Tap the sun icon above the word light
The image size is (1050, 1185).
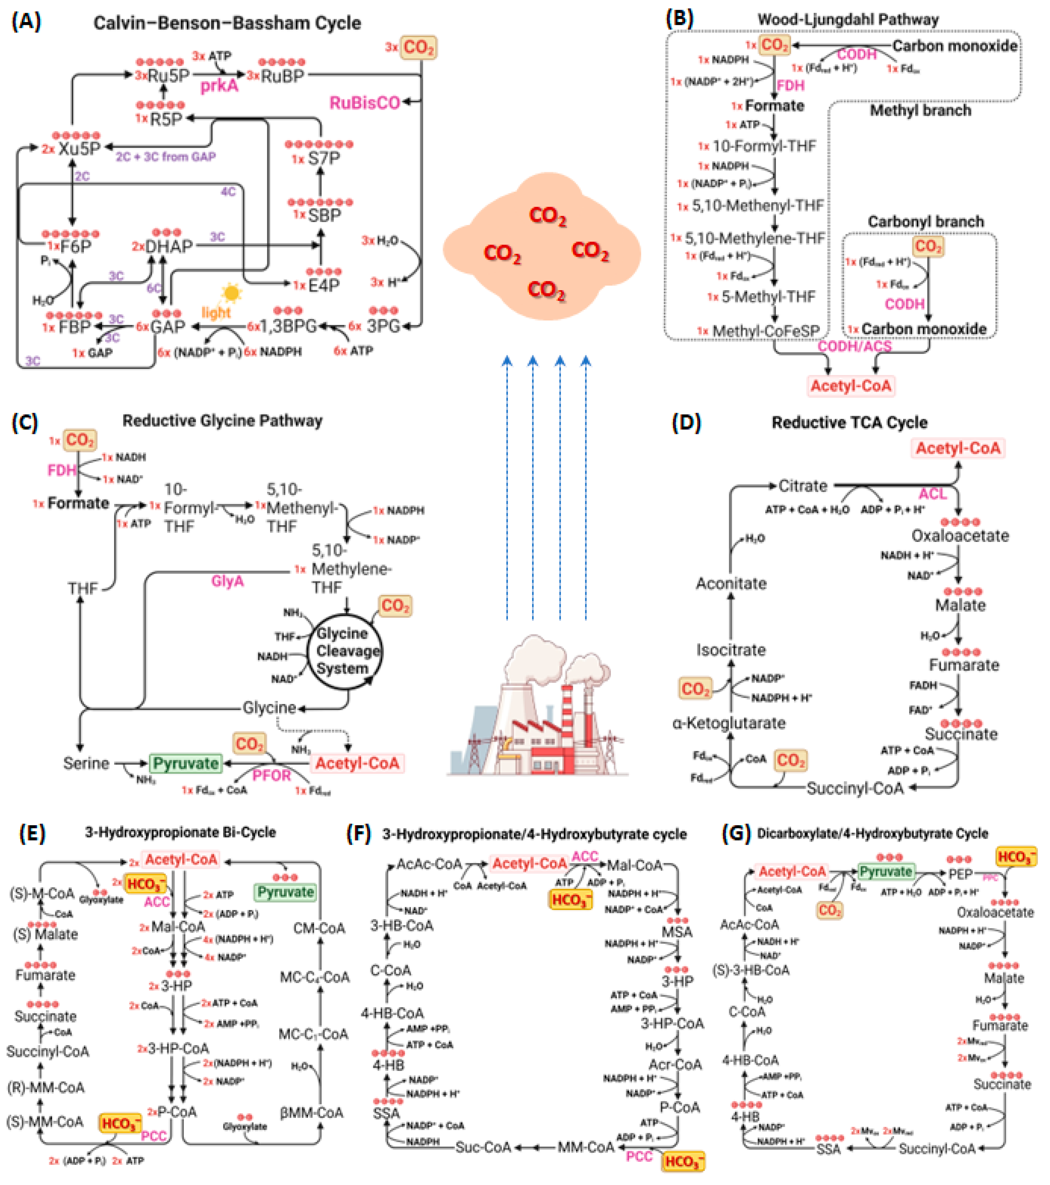coord(231,293)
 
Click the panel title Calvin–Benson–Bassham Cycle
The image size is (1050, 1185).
coord(227,23)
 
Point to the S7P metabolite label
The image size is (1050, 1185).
coord(323,158)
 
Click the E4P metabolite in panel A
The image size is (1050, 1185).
coord(323,285)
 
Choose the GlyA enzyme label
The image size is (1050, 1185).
coord(227,581)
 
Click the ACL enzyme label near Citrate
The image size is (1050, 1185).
coord(932,494)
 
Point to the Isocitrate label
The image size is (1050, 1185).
coord(731,650)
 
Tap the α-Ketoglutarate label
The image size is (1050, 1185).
coord(729,723)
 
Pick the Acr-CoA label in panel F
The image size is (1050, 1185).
coord(675,1065)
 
